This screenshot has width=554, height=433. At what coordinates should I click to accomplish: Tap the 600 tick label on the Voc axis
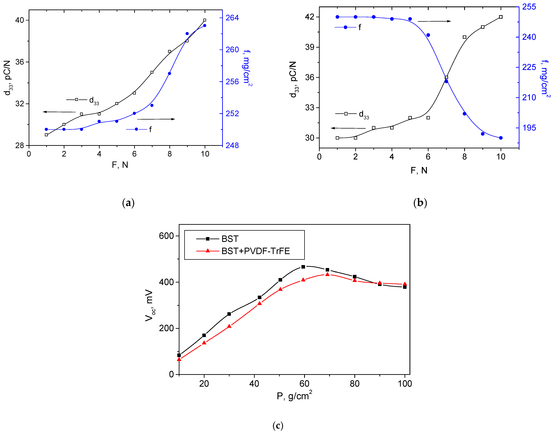click(x=166, y=236)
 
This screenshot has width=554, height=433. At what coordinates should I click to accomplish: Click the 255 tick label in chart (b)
click(x=529, y=7)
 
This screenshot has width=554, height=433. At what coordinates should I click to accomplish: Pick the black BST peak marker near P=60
click(x=303, y=267)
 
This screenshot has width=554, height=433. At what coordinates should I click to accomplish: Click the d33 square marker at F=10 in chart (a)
click(x=205, y=20)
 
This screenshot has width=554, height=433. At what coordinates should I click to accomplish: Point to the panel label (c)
click(x=278, y=425)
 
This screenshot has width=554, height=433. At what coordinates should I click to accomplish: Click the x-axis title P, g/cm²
click(x=294, y=395)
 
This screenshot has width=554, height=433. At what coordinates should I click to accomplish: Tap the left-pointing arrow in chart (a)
click(x=59, y=112)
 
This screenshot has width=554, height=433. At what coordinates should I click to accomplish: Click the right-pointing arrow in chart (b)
click(x=434, y=21)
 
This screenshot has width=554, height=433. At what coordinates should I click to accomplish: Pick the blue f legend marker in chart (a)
click(x=136, y=129)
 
